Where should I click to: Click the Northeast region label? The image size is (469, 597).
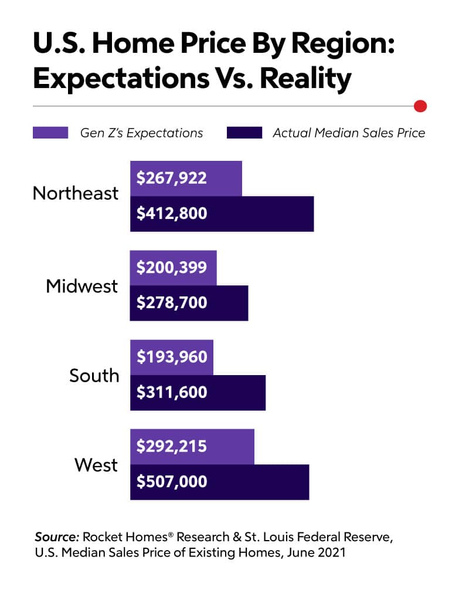76,193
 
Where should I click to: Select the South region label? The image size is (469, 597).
94,375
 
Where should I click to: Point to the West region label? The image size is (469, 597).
96,466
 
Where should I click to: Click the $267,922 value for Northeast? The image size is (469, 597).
172,178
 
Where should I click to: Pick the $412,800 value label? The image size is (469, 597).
172,213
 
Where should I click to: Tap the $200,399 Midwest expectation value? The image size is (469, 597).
172,268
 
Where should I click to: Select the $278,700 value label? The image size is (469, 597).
172,303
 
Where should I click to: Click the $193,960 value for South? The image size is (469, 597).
172,356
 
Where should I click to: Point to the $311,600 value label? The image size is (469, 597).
172,392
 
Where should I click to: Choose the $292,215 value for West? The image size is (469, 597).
172,446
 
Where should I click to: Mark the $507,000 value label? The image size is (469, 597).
172,482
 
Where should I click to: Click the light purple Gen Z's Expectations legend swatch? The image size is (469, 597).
51,133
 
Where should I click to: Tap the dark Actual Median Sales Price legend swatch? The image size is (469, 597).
244,133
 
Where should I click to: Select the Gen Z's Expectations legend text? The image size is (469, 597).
141,133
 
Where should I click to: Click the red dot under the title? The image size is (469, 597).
420,106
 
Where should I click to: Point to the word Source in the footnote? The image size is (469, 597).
57,537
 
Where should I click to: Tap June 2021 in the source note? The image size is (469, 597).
320,552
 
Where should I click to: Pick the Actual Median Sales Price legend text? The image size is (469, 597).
349,133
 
